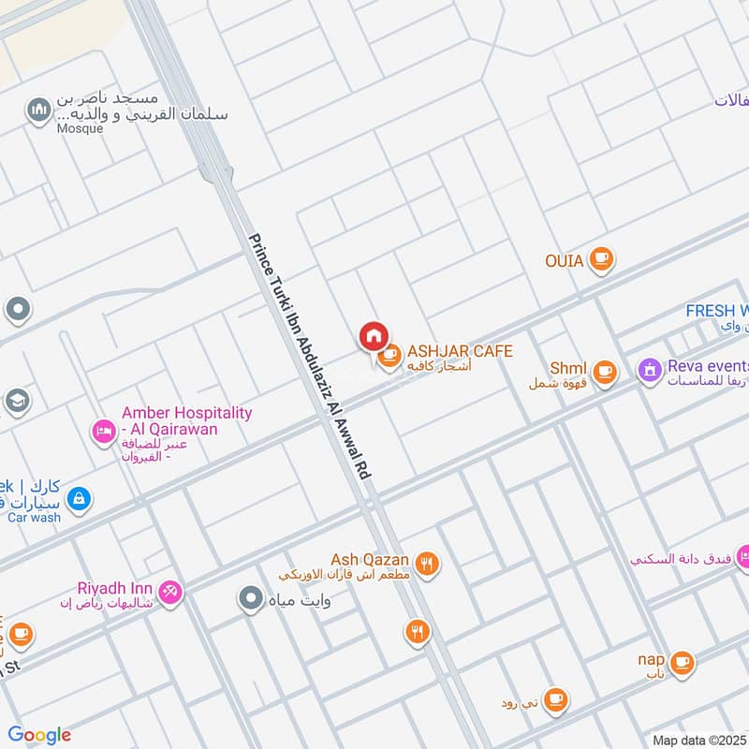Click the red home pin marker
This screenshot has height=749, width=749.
pos(373,335)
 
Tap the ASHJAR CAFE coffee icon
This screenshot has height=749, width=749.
pos(389,356)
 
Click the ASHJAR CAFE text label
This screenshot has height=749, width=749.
pos(459,351)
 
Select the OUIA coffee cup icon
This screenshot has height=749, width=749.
pos(601,260)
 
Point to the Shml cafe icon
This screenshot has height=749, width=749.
pos(605,372)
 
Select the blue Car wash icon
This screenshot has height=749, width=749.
pos(79,497)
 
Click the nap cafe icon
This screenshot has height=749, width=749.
pos(683,662)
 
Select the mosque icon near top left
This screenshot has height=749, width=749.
pos(39,111)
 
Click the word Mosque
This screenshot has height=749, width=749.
pos(80,129)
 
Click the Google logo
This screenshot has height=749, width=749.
pos(39,735)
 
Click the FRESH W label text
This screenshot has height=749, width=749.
pos(717,311)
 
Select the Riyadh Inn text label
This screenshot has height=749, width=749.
pos(116,588)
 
